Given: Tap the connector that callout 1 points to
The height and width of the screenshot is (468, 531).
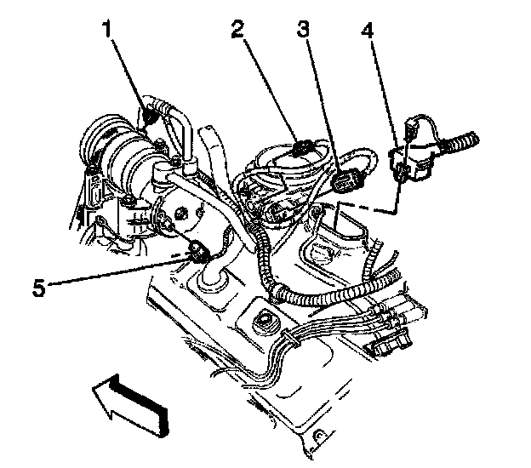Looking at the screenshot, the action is [x=153, y=111].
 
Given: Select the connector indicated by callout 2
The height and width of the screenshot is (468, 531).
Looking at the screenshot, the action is [x=302, y=150].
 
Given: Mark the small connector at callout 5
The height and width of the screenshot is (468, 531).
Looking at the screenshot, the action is [x=200, y=251].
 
